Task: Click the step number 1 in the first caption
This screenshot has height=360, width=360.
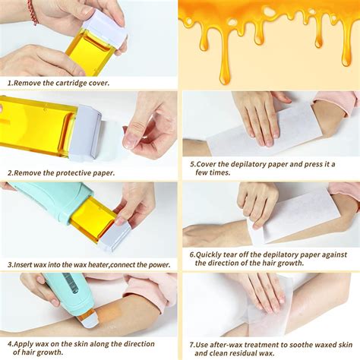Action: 10,83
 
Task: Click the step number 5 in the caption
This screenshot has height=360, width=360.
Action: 192,164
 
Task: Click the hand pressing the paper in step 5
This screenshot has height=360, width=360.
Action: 258,114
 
